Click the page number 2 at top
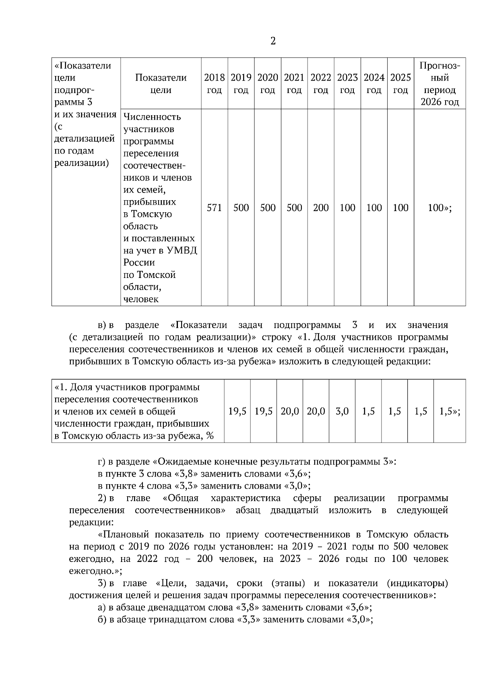point(273,41)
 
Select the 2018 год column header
point(214,83)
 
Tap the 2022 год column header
point(321,83)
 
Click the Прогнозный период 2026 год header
point(440,83)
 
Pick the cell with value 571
point(214,208)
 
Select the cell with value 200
point(321,208)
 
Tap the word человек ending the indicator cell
point(141,299)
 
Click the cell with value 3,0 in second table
point(342,411)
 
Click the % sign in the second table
point(209,436)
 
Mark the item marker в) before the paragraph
point(103,325)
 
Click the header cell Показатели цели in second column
point(161,83)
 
